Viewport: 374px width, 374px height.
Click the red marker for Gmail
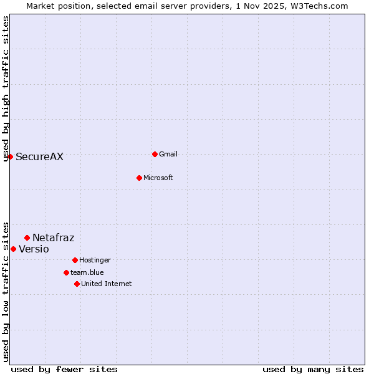[x=155, y=154]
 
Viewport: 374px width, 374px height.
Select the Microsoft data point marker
[x=139, y=178]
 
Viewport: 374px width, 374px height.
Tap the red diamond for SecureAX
[x=10, y=156]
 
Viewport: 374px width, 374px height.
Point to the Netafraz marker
[x=27, y=237]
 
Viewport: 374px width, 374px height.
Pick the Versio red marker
[x=13, y=249]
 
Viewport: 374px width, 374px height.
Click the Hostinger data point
[x=75, y=260]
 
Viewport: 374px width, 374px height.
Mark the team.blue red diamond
[x=66, y=272]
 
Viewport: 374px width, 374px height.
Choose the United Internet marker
[x=77, y=284]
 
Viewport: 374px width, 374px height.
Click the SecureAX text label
[x=39, y=157]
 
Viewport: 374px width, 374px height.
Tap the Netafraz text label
[x=53, y=238]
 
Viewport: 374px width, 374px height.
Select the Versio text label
[x=34, y=249]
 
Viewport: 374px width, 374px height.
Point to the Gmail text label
[x=168, y=155]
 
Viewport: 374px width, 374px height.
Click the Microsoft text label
[x=158, y=178]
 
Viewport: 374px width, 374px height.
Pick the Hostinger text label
[x=95, y=261]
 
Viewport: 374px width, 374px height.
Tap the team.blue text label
[x=87, y=273]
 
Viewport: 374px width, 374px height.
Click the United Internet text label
[x=106, y=284]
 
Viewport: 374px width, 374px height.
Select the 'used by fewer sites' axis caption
[x=64, y=369]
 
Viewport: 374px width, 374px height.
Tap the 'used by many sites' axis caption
[x=313, y=369]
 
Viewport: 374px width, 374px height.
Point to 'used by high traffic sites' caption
[x=6, y=89]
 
